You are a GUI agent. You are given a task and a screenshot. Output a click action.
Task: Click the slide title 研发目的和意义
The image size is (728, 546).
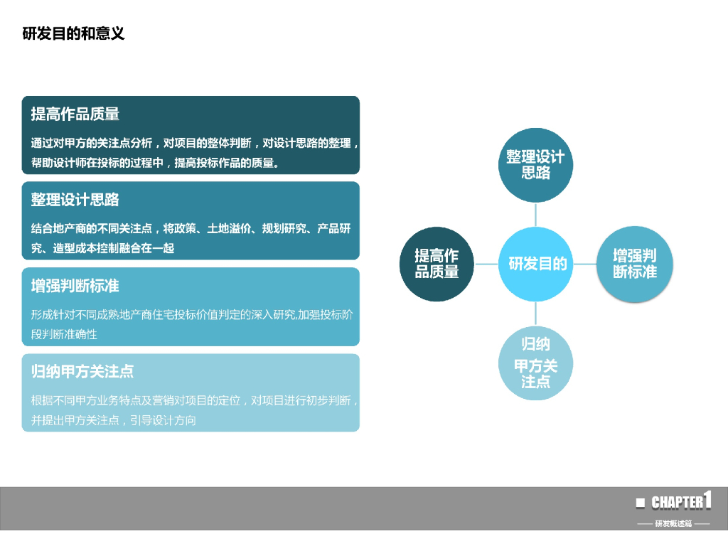tap(73, 33)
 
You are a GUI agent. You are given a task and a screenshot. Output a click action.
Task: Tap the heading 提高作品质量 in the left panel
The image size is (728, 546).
tap(75, 114)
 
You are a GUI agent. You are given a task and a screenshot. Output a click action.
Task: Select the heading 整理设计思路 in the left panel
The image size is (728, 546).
tap(75, 200)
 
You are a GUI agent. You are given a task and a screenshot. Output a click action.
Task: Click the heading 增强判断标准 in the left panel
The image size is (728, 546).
tap(75, 286)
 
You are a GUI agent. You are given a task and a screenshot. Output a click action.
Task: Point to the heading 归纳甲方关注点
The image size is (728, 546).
tap(82, 371)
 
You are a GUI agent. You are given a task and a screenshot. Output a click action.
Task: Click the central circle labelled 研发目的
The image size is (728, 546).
tap(536, 264)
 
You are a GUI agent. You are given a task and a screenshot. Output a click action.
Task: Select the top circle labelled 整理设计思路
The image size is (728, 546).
tap(535, 165)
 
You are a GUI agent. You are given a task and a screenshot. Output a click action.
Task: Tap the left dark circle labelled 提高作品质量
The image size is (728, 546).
tap(437, 264)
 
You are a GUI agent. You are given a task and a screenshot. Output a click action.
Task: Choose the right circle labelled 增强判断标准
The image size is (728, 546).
tap(634, 263)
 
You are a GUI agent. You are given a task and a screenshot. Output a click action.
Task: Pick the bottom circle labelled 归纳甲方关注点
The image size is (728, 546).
tap(535, 363)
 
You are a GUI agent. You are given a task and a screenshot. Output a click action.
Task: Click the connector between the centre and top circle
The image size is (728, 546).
tap(536, 214)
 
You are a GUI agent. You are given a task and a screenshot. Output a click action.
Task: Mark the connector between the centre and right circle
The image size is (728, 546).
tap(584, 264)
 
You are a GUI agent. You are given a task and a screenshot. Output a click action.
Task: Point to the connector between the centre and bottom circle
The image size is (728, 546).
tap(536, 314)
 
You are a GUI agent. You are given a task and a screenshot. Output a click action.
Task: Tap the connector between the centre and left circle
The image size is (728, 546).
tap(486, 264)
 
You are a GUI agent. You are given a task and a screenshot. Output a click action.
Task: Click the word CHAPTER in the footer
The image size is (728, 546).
tap(677, 503)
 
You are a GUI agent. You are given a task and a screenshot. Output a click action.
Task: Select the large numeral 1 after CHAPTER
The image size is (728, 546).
tap(707, 499)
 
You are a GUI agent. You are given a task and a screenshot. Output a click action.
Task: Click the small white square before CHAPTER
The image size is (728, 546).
tap(641, 503)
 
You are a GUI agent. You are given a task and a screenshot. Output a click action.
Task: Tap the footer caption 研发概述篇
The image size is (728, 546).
tap(673, 524)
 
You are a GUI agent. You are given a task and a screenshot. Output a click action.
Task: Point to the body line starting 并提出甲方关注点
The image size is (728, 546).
tap(114, 420)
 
